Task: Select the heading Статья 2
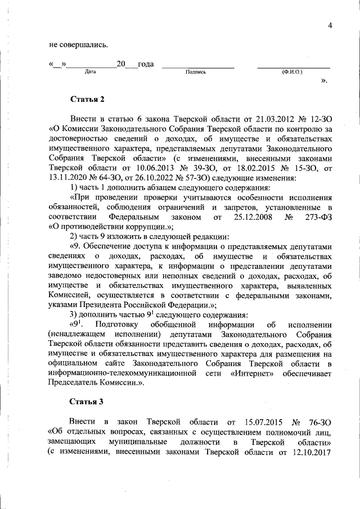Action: [87, 100]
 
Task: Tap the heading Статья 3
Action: [87, 402]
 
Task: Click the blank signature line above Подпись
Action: [197, 66]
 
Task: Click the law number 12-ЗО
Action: [318, 119]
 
